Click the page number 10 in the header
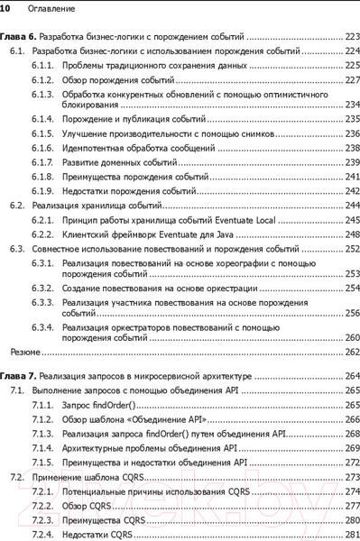[x=5, y=7]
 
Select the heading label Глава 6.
[x=17, y=39]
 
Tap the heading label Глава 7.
[x=17, y=374]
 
